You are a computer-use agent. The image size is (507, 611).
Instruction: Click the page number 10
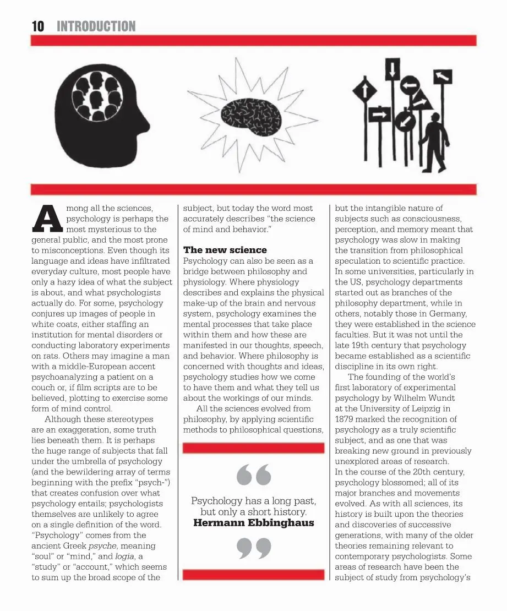click(37, 26)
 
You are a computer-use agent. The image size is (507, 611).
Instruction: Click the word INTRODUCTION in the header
click(96, 26)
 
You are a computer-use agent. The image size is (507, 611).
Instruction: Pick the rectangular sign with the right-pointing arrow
click(379, 116)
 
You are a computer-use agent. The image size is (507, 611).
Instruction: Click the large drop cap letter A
click(48, 219)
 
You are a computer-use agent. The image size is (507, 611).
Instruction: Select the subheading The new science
click(225, 250)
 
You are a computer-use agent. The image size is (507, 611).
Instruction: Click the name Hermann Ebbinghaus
click(254, 522)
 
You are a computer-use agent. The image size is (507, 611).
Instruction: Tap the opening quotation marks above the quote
click(254, 475)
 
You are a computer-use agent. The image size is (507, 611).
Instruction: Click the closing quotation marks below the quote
click(254, 548)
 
